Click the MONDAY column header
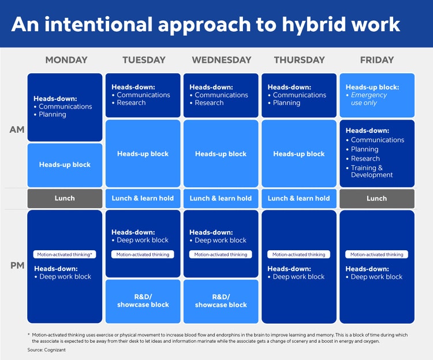pyautogui.click(x=66, y=60)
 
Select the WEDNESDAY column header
pyautogui.click(x=222, y=60)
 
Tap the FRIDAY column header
pyautogui.click(x=377, y=60)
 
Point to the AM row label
pyautogui.click(x=17, y=129)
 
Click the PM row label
pyautogui.click(x=17, y=265)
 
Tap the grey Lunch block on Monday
pyautogui.click(x=65, y=198)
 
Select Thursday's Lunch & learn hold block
pyautogui.click(x=299, y=198)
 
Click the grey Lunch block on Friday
pyautogui.click(x=377, y=198)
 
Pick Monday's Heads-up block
pyautogui.click(x=65, y=165)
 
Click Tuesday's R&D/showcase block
pyautogui.click(x=143, y=302)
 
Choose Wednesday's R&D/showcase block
pyautogui.click(x=221, y=302)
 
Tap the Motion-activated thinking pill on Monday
pyautogui.click(x=65, y=254)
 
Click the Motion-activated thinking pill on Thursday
pyautogui.click(x=299, y=254)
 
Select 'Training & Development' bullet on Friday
pyautogui.click(x=371, y=171)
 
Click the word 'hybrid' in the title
pyautogui.click(x=313, y=25)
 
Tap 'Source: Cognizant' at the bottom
pyautogui.click(x=46, y=350)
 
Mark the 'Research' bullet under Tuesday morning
pyautogui.click(x=131, y=103)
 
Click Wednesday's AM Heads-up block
pyautogui.click(x=221, y=154)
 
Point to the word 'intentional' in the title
pyautogui.click(x=99, y=24)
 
